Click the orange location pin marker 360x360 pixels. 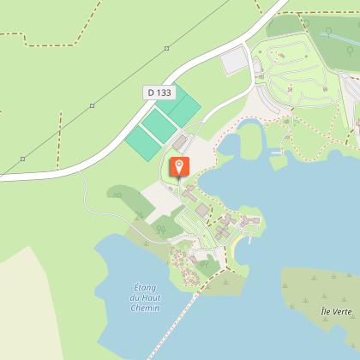pyautogui.click(x=180, y=165)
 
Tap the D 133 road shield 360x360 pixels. pyautogui.click(x=159, y=92)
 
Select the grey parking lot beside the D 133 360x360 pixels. pyautogui.click(x=234, y=61)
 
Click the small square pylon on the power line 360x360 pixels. pyautogui.click(x=93, y=106)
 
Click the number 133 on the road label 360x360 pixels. pyautogui.click(x=163, y=92)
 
